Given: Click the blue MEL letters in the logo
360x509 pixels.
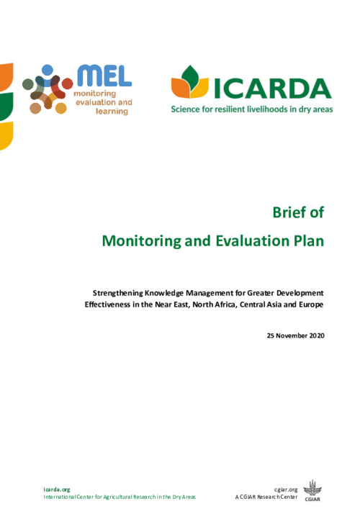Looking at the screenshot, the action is coord(104,76).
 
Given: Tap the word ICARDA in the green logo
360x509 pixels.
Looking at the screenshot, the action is coord(272,89).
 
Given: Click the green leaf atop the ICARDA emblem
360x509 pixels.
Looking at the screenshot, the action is coord(190,78).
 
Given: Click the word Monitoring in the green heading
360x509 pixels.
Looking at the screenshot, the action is coord(142,241).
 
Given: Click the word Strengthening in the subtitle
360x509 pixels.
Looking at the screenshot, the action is coord(118,293).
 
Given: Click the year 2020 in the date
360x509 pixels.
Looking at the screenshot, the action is coord(317,335).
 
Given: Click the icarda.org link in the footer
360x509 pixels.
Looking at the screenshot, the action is coord(57,490).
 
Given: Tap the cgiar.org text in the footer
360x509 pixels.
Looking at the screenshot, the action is coord(286,490).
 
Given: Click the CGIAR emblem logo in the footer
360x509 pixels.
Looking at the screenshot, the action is coord(312,490).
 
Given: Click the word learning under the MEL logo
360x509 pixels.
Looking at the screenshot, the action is coord(112,112).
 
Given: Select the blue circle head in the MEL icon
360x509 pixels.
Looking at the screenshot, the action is coord(48,70).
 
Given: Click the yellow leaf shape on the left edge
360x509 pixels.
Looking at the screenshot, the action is coord(6,135).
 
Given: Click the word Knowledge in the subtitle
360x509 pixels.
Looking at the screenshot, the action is coord(164,293).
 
